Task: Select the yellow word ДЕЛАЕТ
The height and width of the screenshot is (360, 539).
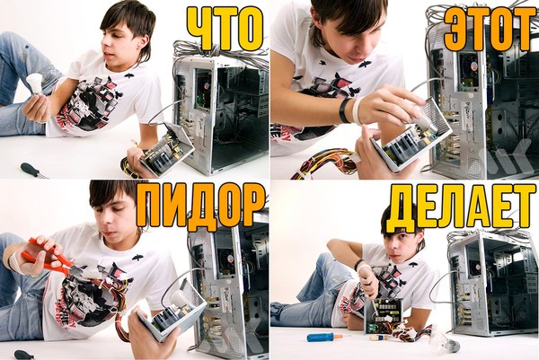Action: [x=461, y=208]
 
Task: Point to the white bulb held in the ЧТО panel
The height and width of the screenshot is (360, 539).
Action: [x=35, y=84]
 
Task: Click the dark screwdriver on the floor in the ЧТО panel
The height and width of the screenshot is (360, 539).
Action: [x=33, y=171]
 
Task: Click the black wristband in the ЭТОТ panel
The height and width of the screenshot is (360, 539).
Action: [x=344, y=110]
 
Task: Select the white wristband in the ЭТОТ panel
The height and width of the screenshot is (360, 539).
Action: [x=358, y=111]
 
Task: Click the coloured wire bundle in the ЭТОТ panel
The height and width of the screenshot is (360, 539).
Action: [x=323, y=164]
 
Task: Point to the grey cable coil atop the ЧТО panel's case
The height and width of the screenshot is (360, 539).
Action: [x=220, y=50]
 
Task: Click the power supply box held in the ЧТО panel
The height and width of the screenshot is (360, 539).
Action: [x=167, y=149]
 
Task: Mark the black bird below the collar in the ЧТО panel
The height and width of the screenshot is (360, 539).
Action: [x=128, y=75]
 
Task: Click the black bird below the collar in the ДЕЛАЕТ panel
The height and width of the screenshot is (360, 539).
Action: [x=413, y=264]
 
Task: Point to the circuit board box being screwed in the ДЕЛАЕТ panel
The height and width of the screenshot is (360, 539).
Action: [x=384, y=315]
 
